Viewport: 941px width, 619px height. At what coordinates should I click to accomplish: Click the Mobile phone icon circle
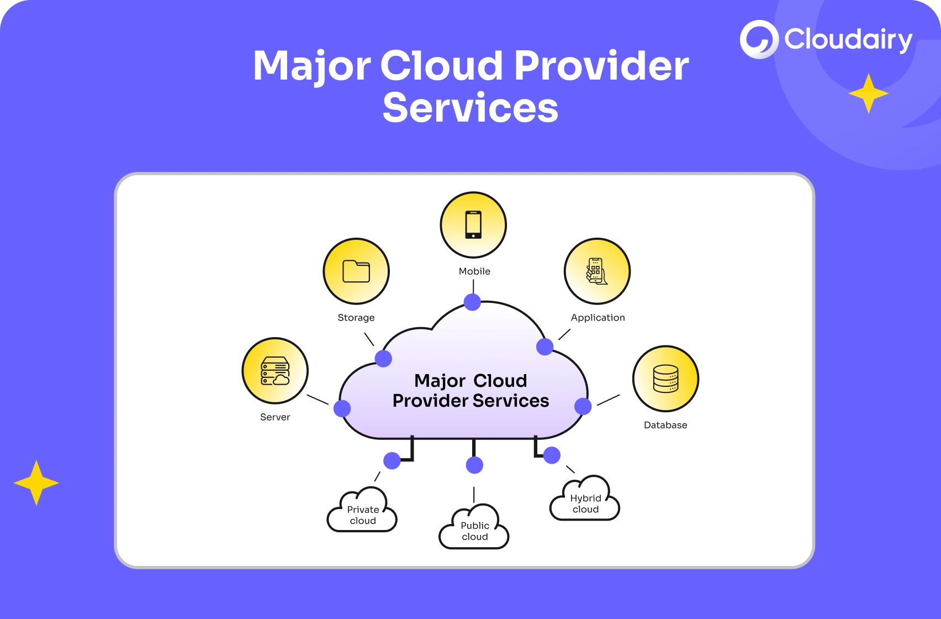[473, 225]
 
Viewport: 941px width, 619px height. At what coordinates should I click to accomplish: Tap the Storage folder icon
[356, 271]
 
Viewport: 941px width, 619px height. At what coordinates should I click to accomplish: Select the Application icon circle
[597, 271]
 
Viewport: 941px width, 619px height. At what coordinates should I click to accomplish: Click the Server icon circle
[275, 371]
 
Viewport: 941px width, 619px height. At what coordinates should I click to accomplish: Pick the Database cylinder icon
[665, 379]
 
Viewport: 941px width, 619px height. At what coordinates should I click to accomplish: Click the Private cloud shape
[362, 512]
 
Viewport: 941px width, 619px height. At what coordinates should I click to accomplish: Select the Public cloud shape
[474, 528]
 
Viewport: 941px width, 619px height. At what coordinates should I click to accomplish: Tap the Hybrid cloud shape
[585, 501]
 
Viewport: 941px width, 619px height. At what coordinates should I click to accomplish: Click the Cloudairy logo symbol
[759, 39]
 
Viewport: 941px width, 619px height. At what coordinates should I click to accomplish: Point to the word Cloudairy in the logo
[848, 40]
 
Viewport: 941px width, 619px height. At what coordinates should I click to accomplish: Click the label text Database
[665, 425]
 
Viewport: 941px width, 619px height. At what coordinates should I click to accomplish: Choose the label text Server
[275, 417]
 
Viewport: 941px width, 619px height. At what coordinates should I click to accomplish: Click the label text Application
[598, 318]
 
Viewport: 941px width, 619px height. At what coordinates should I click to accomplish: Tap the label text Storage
[356, 318]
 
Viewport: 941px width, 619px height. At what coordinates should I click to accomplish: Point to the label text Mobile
[474, 271]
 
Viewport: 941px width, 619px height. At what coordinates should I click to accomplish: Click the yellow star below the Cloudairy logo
[868, 93]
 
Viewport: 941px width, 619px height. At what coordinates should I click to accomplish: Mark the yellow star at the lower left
[36, 483]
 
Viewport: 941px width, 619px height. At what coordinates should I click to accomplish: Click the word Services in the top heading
[470, 108]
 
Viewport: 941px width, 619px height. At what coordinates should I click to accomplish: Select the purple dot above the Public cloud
[474, 465]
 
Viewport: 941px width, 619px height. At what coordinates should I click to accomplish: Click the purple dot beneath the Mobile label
[472, 302]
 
